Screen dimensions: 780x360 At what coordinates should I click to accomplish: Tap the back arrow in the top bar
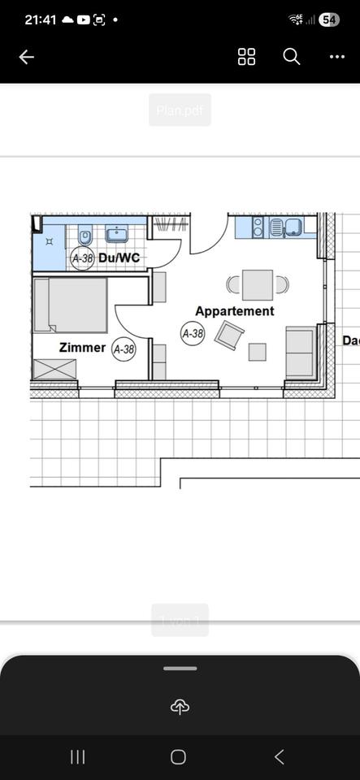(x=27, y=57)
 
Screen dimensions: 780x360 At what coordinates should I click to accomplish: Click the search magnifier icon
(x=291, y=56)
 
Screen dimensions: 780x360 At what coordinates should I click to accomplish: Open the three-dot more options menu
(x=336, y=57)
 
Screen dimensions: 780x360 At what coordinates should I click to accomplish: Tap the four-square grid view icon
(x=246, y=56)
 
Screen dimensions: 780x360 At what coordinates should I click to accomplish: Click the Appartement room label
(x=234, y=311)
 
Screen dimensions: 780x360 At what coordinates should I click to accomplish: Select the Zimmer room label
(x=82, y=348)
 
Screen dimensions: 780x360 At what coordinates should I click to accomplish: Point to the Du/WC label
(x=119, y=258)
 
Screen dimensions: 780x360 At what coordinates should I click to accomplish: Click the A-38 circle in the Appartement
(x=193, y=333)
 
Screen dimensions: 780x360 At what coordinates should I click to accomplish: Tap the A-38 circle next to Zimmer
(x=124, y=349)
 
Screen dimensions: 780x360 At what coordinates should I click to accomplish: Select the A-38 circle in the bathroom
(x=82, y=258)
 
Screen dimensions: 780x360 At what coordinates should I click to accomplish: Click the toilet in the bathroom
(x=85, y=236)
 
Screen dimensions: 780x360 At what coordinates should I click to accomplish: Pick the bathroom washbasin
(x=118, y=234)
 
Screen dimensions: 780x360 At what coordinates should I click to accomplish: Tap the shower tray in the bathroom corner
(x=49, y=242)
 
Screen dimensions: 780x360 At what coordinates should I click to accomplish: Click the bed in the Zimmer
(x=71, y=305)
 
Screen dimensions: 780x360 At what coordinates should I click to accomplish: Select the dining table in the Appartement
(x=258, y=284)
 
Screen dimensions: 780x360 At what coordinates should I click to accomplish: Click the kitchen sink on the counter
(x=291, y=227)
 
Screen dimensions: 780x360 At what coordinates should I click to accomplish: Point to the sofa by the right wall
(x=300, y=353)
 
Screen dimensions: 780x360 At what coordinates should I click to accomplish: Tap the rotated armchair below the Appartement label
(x=230, y=336)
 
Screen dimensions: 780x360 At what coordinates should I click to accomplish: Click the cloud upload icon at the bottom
(x=180, y=708)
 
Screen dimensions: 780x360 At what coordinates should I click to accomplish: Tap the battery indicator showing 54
(x=329, y=19)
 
